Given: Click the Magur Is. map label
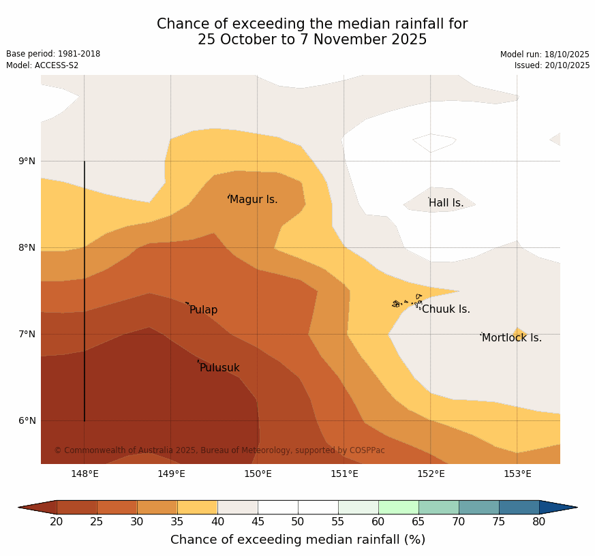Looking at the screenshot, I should pos(254,200).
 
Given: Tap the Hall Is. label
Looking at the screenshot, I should pos(446,203).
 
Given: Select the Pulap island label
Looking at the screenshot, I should pos(203,310).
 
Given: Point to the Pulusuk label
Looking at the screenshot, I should pos(219,368).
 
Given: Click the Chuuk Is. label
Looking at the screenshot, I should pos(446,309).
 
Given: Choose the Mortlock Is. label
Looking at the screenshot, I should pos(512,338).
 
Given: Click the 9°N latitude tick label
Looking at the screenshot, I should pos(27,161).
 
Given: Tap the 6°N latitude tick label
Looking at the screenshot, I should pos(27,421).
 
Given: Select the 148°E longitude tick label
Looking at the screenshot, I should pos(85,474).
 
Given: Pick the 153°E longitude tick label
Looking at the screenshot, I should pos(517,474).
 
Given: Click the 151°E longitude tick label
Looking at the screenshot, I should pos(344,474).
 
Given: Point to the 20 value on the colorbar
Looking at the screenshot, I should pos(57,522).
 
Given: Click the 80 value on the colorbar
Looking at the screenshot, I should pos(539,522).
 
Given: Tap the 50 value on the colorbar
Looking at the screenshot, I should pos(298,522).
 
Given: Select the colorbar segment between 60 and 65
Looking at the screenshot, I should pos(398,507).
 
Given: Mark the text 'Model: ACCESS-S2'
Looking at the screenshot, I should pos(42,65).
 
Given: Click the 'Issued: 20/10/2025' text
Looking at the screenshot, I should pos(552,65).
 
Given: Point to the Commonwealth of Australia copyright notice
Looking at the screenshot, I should pos(219,450).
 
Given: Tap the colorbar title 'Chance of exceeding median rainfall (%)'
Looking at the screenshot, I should pos(298,540).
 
